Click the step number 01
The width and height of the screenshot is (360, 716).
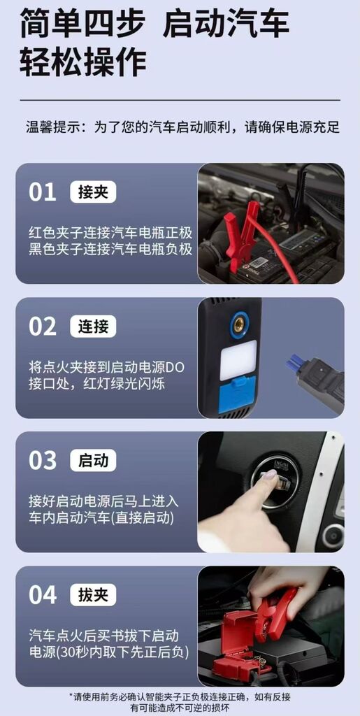[x=42, y=192]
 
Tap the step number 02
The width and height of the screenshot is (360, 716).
[x=42, y=327]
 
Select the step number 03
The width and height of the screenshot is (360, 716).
[x=42, y=461]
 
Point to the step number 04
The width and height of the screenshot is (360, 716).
[x=42, y=595]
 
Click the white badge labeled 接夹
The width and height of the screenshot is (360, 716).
[x=93, y=192]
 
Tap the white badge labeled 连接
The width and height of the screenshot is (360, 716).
[x=93, y=327]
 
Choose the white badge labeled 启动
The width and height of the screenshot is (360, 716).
[x=93, y=461]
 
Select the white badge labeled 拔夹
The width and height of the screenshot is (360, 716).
[x=93, y=595]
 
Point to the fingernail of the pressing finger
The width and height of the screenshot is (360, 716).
[x=269, y=475]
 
